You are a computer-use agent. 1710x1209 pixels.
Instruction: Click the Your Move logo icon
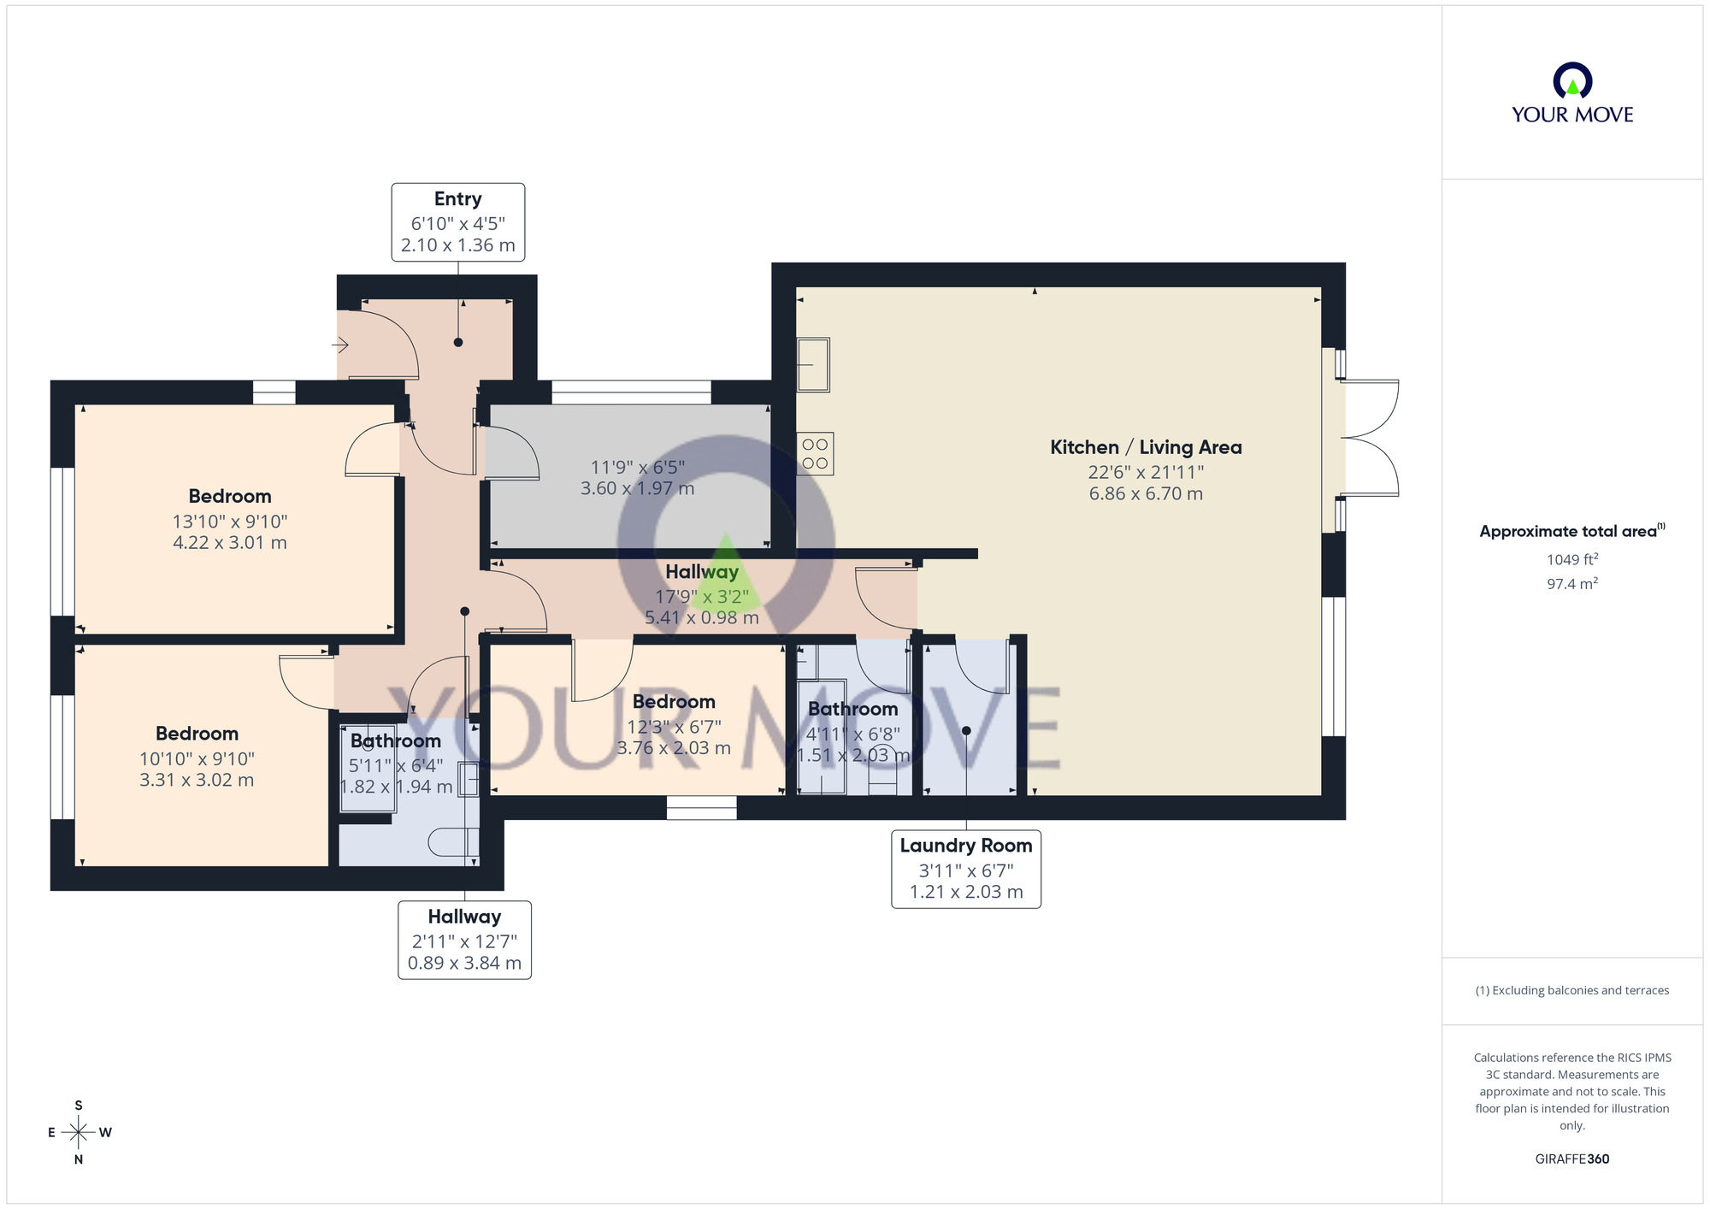tap(1571, 82)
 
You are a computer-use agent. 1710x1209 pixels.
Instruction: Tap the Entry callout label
tap(457, 221)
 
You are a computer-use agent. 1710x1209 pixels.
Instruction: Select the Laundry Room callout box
tap(965, 868)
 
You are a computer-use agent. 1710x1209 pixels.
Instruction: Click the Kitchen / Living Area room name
tap(1145, 447)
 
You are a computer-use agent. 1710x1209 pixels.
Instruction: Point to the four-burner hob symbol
tap(815, 453)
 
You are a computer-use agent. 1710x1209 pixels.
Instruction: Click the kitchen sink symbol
tap(813, 364)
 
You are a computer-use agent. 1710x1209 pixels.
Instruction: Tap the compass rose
tap(79, 1133)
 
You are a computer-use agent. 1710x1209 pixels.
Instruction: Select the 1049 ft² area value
tap(1571, 560)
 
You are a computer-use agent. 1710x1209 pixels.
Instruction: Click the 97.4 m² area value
tap(1571, 584)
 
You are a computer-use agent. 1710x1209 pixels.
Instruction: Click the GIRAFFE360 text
tap(1571, 1159)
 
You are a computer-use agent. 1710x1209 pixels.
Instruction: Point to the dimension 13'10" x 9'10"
tap(229, 521)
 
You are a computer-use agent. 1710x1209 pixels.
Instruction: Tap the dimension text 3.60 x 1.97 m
tap(637, 488)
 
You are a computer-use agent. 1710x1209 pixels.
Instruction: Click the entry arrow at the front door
tap(340, 345)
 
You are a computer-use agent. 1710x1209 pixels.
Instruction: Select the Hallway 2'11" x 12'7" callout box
tap(464, 939)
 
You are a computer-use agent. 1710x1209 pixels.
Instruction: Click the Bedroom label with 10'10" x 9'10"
tap(197, 734)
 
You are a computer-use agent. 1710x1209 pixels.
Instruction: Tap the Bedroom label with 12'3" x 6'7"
tap(674, 702)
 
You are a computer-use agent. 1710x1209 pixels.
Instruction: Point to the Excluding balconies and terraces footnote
tap(1571, 990)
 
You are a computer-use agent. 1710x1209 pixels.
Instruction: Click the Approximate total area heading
tap(1570, 531)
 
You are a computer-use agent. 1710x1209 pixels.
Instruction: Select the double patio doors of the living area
tap(1370, 438)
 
